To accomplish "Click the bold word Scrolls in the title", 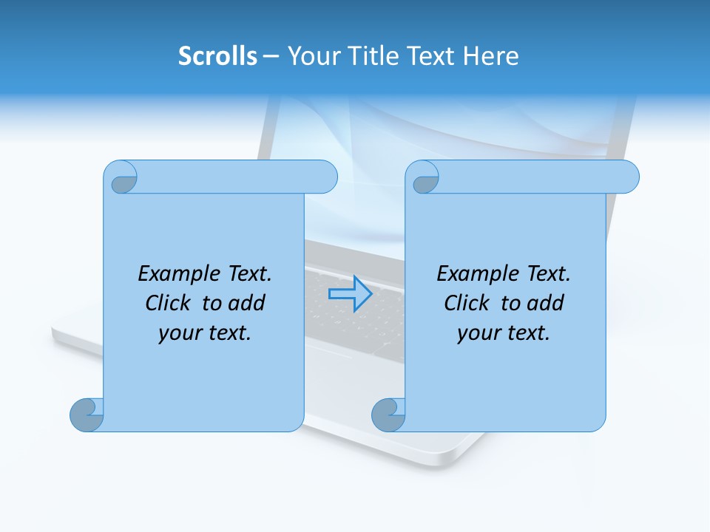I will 217,56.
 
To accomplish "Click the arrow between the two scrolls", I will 350,294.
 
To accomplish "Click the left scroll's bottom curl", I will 87,415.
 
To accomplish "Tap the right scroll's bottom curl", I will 388,415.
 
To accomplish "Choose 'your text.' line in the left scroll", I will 205,332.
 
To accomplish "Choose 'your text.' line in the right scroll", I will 504,332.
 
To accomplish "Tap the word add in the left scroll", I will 246,303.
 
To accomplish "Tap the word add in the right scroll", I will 546,303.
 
